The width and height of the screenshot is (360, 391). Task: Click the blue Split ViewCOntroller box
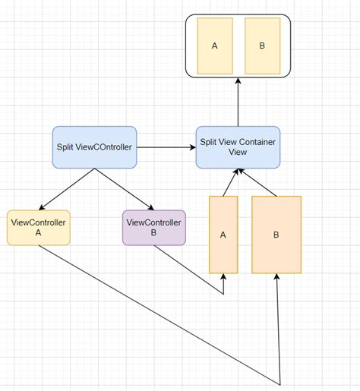point(94,147)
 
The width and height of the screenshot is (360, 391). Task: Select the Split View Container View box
point(238,147)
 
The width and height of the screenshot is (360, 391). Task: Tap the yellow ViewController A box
point(38,228)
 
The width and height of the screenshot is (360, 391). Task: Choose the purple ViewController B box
point(153,228)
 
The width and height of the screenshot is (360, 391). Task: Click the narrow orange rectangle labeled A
point(223,235)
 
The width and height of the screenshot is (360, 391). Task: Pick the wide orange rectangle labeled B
point(276,235)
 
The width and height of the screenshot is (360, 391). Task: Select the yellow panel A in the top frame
point(215,46)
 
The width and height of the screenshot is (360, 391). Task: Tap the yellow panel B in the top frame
point(262,46)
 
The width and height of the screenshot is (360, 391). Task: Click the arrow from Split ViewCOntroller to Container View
point(166,147)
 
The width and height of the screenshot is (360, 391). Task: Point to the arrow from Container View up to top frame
point(238,102)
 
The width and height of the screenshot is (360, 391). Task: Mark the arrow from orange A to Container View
point(230,183)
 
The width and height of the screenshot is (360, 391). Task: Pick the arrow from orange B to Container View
point(258,183)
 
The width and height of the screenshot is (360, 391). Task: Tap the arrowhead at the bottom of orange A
point(223,278)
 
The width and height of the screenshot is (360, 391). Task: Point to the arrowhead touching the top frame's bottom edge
point(238,81)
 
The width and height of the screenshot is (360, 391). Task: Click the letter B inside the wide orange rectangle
point(276,235)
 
